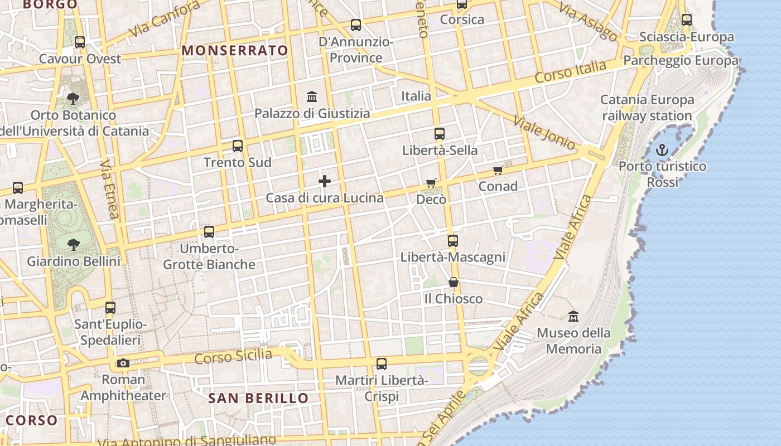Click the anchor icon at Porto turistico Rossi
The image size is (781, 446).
click(662, 150)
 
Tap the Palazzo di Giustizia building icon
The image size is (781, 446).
click(312, 96)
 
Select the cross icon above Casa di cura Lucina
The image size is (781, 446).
click(325, 181)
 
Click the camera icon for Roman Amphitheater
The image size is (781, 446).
click(123, 363)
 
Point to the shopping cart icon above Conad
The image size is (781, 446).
click(498, 171)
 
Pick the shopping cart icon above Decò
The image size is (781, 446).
click(431, 183)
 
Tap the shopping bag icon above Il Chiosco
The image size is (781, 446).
click(454, 283)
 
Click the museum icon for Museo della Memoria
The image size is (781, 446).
click(573, 317)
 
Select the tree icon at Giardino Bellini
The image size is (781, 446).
click(73, 244)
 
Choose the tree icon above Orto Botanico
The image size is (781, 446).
click(73, 99)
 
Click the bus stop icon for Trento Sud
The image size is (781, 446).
click(238, 146)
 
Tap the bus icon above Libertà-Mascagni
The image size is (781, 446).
click(453, 241)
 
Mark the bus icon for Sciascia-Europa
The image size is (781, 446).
click(687, 20)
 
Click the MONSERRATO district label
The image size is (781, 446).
click(235, 51)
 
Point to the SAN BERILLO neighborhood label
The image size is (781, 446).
click(258, 398)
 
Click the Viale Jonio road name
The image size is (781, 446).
click(544, 133)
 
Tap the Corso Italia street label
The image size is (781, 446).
click(570, 72)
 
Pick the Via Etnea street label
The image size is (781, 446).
click(110, 190)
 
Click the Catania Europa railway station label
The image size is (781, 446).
click(647, 108)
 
